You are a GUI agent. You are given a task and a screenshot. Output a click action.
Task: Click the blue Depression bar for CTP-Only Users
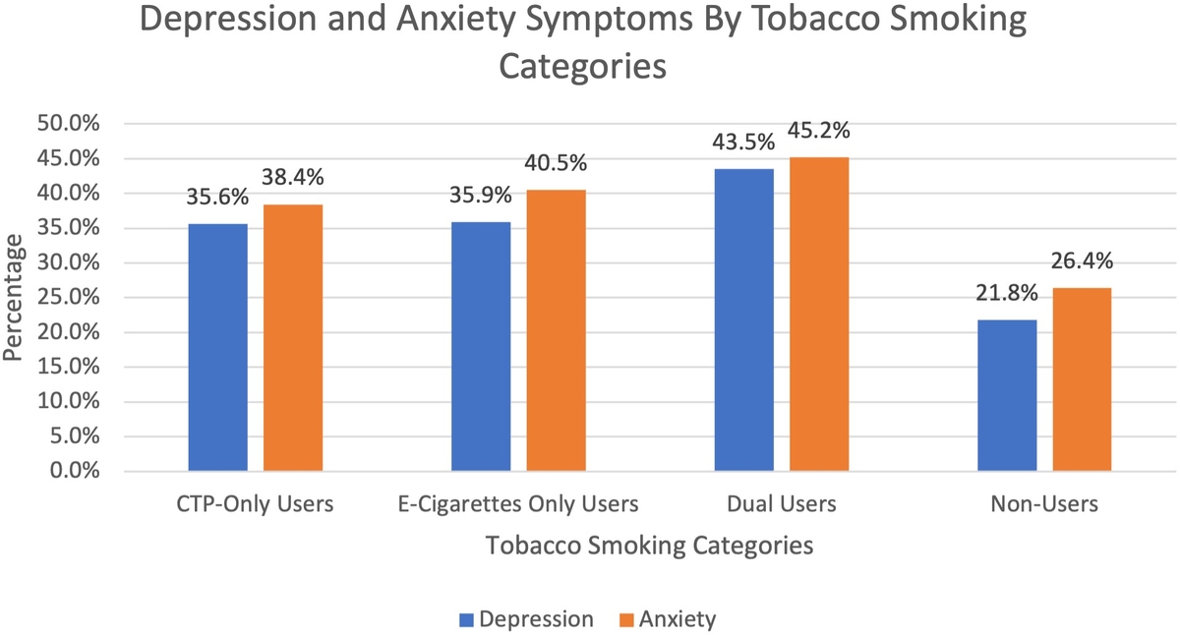tap(217, 347)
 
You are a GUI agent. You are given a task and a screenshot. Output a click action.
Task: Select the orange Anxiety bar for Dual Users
tap(819, 314)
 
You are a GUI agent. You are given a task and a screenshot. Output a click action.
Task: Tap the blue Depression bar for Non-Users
tap(1007, 395)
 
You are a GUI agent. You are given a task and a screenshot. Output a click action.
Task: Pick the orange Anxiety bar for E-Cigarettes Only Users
tap(556, 330)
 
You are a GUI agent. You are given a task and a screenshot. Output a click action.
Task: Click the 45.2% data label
tap(819, 131)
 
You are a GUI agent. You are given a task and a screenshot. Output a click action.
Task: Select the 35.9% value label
tap(481, 196)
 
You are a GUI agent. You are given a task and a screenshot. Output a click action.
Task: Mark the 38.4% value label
tap(293, 178)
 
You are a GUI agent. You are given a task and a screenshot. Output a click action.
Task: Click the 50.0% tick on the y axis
tap(75, 124)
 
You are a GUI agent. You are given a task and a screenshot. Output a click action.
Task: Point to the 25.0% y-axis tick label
tap(75, 297)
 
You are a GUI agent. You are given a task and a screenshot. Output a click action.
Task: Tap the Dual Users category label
tap(782, 504)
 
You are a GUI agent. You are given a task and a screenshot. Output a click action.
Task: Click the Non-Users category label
tap(1044, 504)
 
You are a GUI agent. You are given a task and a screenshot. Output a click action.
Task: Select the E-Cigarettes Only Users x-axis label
tap(518, 504)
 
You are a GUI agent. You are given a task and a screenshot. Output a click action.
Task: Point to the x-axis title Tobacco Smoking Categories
tap(649, 546)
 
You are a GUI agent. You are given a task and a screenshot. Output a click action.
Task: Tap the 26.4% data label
tap(1083, 261)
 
